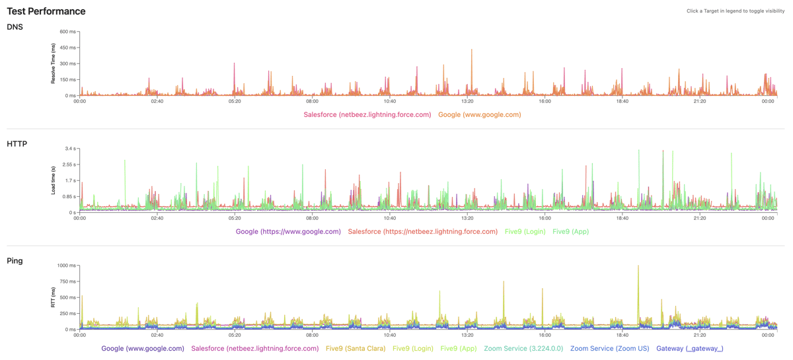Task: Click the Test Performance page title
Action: (x=46, y=11)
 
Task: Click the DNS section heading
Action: (x=15, y=27)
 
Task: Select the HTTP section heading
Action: (x=17, y=144)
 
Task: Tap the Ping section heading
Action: (x=15, y=261)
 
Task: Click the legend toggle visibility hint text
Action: (x=735, y=11)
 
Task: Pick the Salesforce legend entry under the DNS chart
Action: (x=367, y=115)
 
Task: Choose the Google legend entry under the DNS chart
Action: (x=479, y=115)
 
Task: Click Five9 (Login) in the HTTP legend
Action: (x=525, y=232)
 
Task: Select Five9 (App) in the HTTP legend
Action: (x=570, y=232)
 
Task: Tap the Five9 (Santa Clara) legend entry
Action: (x=356, y=349)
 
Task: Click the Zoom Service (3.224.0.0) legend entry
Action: (x=523, y=349)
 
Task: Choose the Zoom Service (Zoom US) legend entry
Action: (x=609, y=349)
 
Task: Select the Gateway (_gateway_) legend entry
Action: (x=689, y=349)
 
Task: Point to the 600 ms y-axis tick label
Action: (x=67, y=32)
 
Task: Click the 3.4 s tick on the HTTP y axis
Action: (x=69, y=149)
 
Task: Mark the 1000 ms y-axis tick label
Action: (x=66, y=266)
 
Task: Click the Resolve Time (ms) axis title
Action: (x=54, y=63)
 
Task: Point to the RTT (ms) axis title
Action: (x=54, y=297)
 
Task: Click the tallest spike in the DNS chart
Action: (x=472, y=50)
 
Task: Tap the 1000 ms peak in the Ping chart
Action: (x=638, y=266)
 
